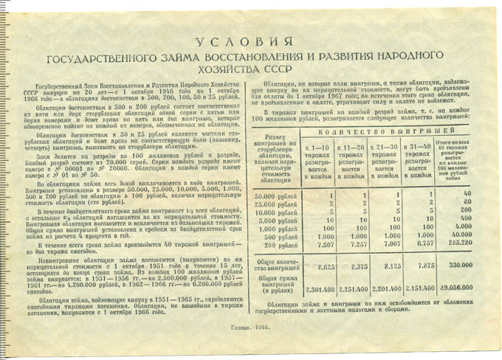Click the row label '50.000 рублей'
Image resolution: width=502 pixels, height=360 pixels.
tap(275, 194)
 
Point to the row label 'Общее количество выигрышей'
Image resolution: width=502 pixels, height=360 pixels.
tap(276, 262)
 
